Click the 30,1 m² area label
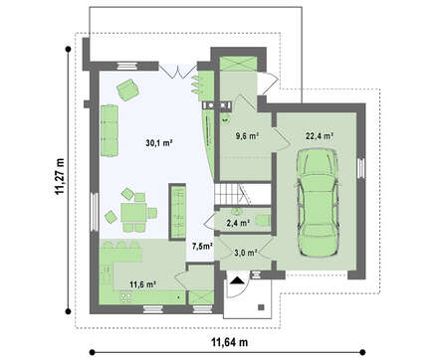159,143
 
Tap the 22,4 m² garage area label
320,136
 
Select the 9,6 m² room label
247,136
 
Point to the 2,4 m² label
238,223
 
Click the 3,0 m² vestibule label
246,253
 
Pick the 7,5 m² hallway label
202,246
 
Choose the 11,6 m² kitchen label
143,284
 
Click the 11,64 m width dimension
230,342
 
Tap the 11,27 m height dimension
60,176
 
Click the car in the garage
319,203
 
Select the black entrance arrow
237,280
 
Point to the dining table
133,213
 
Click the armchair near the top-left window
127,90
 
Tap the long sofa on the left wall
109,130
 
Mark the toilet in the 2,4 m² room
264,221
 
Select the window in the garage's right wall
360,167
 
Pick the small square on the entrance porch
261,307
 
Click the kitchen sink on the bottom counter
125,297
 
